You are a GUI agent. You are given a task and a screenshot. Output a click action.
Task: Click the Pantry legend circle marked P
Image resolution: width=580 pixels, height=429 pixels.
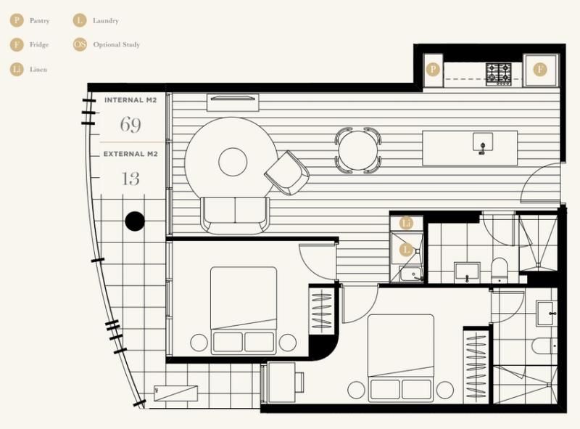pos(17,20)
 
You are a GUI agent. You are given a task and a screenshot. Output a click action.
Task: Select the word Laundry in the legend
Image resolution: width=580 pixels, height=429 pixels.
pos(106,21)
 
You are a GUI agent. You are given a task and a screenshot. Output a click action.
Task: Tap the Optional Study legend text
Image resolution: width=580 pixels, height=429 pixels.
pos(117,44)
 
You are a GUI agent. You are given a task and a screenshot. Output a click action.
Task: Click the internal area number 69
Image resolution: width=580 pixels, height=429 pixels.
pos(130,124)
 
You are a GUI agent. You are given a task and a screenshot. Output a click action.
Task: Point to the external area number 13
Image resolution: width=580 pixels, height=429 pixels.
pos(130,179)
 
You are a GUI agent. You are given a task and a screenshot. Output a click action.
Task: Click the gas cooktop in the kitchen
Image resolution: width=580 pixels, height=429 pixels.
pos(499,74)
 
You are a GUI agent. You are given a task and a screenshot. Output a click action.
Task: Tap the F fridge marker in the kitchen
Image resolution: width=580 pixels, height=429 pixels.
pos(540,69)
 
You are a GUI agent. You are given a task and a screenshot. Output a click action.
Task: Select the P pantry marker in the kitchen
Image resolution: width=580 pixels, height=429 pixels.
pos(433,69)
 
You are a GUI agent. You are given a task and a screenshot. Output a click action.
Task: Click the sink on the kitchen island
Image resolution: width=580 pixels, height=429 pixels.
pos(483,142)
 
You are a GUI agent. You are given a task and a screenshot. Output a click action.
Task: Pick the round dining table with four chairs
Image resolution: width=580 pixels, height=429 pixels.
pos(358,150)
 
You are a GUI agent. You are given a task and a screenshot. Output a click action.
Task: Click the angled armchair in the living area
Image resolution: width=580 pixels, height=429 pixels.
pos(287,173)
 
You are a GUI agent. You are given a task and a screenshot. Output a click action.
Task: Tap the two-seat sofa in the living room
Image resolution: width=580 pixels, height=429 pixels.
pos(235,216)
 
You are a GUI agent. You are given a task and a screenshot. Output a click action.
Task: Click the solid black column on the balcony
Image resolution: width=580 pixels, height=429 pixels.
pos(135,221)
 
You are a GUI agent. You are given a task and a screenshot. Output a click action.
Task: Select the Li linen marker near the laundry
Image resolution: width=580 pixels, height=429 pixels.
pos(406,224)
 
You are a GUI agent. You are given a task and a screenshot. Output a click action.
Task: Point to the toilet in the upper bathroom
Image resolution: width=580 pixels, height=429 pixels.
pos(500,270)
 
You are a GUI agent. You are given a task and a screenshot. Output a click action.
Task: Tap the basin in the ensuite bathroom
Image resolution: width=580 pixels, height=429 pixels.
pos(547,314)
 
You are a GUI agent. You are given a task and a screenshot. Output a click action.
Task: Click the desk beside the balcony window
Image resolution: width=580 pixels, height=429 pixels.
pos(281,383)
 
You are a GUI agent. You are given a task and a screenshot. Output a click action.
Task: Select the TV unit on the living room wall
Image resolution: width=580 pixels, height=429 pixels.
pos(233,102)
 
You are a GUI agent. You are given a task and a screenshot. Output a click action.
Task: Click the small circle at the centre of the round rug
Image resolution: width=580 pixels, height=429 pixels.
pos(233,162)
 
